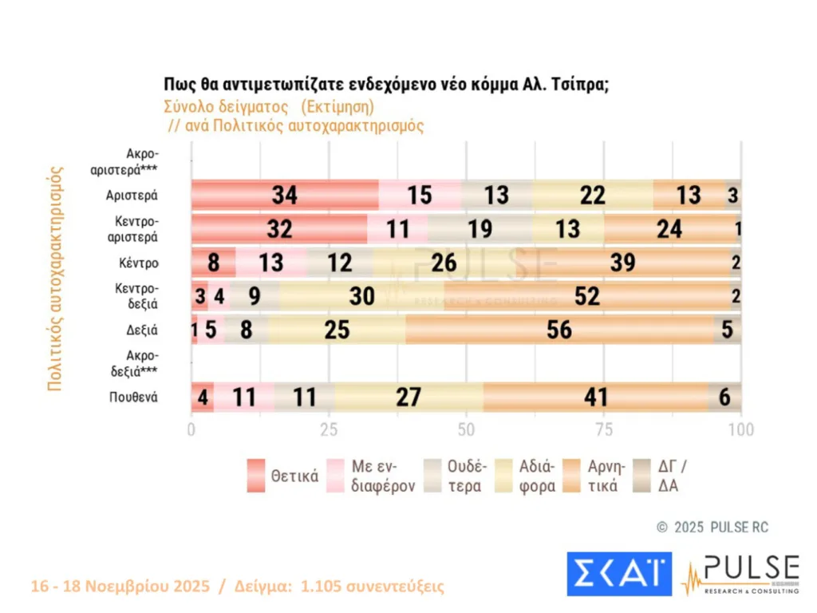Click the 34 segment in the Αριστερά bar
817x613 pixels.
tap(284, 195)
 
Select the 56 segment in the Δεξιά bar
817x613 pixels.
tap(559, 329)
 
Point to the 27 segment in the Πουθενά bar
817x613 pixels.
tap(408, 397)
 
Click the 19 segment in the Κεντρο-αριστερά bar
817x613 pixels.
tap(480, 229)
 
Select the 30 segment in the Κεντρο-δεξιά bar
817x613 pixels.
tap(361, 295)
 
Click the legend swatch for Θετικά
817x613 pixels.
tap(255, 477)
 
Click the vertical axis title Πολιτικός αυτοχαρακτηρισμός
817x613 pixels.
tap(55, 278)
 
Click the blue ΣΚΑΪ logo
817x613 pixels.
tap(619, 574)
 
